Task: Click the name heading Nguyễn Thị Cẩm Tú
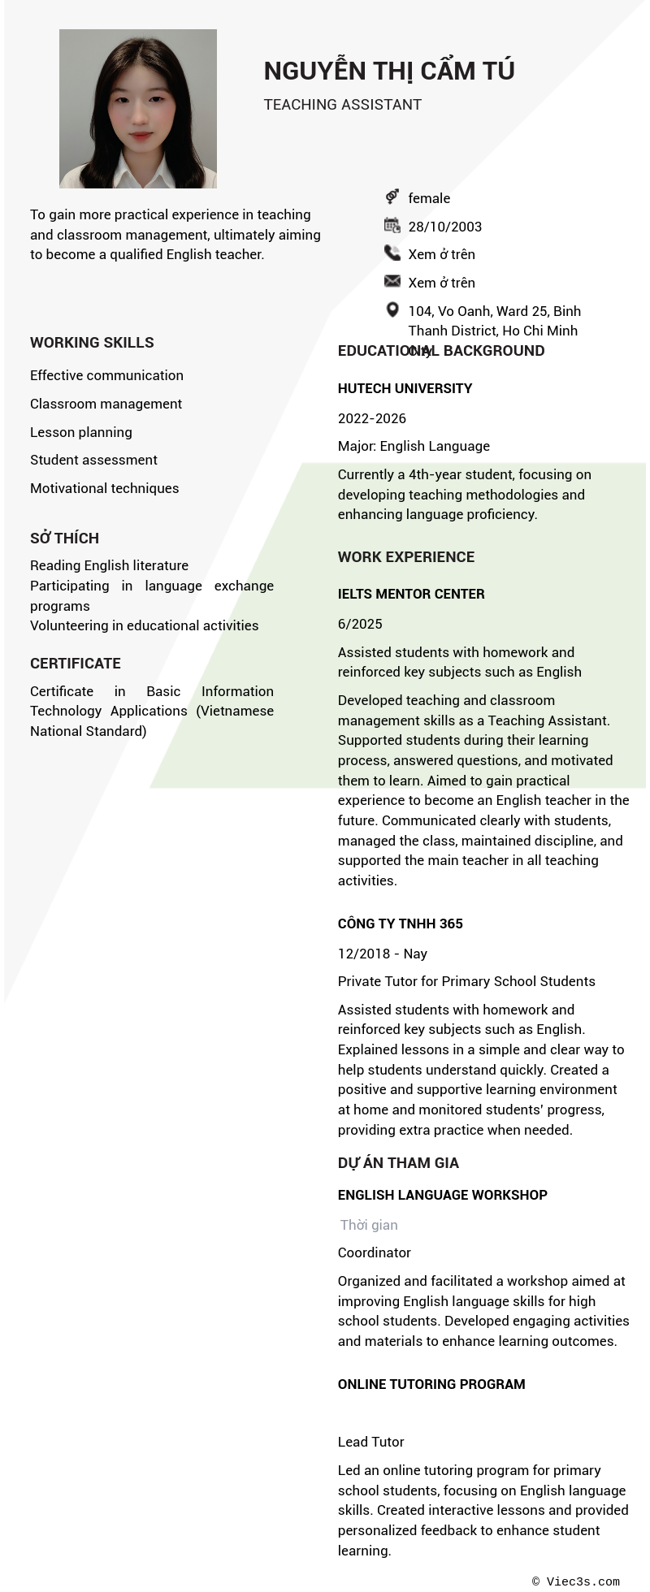pos(389,71)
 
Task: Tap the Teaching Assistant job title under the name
pos(342,105)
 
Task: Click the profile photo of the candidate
pos(138,109)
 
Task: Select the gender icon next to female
pos(392,197)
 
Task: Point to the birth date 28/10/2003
pos(444,227)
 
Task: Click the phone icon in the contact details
pos(392,253)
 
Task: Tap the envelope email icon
pos(392,281)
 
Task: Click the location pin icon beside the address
pos(392,309)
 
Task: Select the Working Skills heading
pos(92,343)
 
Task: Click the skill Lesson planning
pos(81,432)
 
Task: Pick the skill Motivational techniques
pos(105,488)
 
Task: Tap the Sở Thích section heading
pos(65,539)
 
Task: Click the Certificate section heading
pos(76,664)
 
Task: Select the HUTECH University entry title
pos(405,388)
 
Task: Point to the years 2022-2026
pos(372,418)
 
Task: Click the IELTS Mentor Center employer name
pos(411,594)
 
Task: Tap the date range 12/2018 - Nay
pos(383,954)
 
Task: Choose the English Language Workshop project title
pos(443,1195)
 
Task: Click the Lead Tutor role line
pos(371,1442)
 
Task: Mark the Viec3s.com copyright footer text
pos(576,1581)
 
